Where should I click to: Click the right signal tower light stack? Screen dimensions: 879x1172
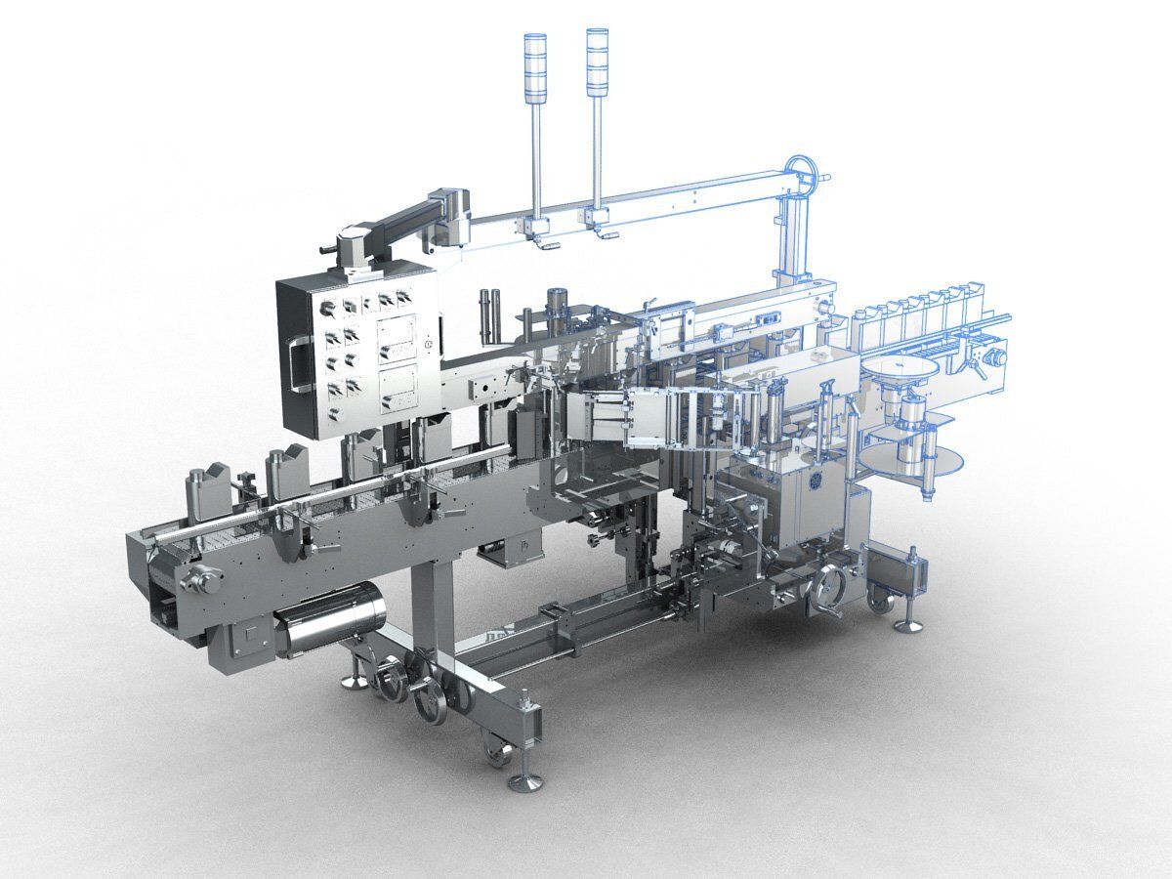pyautogui.click(x=597, y=63)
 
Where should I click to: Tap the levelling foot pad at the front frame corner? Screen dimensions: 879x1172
pyautogui.click(x=525, y=780)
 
